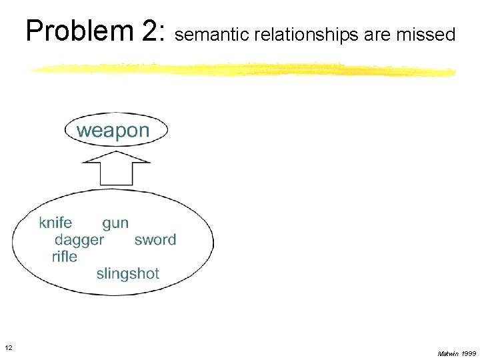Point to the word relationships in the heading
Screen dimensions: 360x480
pos(303,35)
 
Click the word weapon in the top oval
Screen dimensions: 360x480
pos(113,131)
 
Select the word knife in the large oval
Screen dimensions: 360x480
pos(55,223)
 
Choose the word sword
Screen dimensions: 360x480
pos(155,240)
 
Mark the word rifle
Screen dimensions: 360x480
pos(65,257)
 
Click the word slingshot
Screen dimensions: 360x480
pos(128,274)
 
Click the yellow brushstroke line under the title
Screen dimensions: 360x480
pos(240,70)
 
